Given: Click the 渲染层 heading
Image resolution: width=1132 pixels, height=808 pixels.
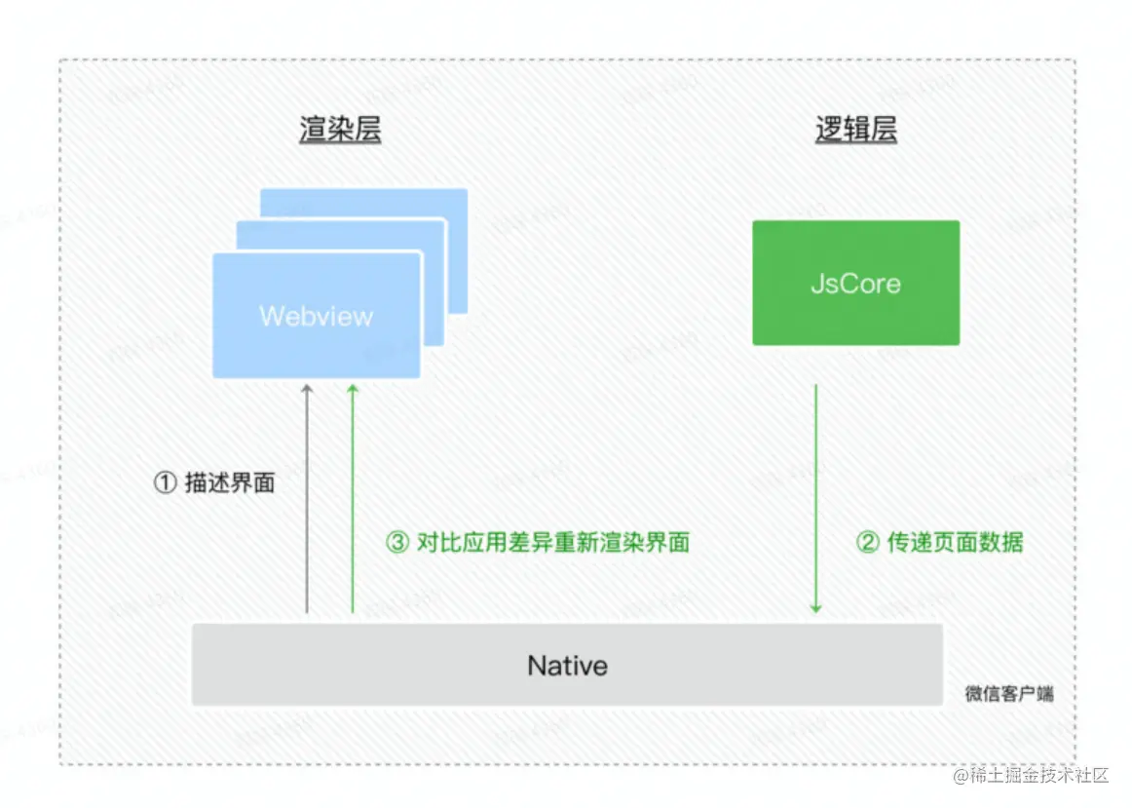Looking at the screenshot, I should [x=340, y=131].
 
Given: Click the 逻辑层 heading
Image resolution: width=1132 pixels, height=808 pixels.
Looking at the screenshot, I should [x=855, y=131].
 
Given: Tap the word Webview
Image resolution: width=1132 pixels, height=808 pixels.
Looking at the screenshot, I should [x=316, y=317].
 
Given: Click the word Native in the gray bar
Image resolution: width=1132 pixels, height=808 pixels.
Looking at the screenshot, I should [x=567, y=667].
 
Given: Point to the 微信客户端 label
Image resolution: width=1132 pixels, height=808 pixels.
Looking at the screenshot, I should [x=1008, y=694].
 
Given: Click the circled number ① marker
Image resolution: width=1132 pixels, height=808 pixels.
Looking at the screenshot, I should [x=166, y=482].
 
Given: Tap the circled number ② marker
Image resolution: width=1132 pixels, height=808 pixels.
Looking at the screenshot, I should [x=867, y=543].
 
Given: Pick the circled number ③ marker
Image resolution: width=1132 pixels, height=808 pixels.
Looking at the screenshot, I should [x=397, y=543].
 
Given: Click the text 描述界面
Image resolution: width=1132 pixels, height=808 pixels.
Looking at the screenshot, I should [x=230, y=482].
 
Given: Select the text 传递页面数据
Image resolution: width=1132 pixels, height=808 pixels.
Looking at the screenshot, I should [x=955, y=543].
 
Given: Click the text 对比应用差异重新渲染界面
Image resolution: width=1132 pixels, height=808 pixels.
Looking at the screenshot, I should [x=553, y=543].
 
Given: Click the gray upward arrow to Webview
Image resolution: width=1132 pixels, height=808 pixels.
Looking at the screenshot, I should [x=307, y=497].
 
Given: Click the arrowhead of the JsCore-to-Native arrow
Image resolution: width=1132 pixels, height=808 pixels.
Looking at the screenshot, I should [x=815, y=608].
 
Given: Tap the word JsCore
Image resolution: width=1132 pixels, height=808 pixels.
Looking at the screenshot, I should [x=855, y=285].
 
